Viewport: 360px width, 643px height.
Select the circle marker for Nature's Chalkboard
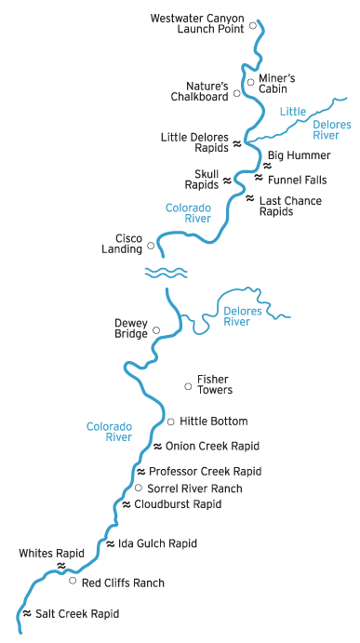tap(237, 93)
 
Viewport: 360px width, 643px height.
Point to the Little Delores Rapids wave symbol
tap(236, 144)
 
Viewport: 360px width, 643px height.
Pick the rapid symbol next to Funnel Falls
tap(259, 177)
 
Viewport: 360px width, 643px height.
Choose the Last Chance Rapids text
tap(289, 205)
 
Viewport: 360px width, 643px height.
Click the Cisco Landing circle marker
tap(151, 247)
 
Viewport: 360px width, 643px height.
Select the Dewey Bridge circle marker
tap(155, 329)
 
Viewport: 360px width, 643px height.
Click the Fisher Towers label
tap(214, 384)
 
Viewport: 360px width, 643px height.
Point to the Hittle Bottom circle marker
tap(170, 422)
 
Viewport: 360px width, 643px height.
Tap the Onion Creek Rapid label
tap(211, 446)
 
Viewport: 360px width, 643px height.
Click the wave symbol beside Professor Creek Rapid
tap(140, 471)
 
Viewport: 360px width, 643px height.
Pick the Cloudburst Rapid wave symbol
tap(127, 504)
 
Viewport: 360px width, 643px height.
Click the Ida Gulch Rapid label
tap(157, 543)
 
